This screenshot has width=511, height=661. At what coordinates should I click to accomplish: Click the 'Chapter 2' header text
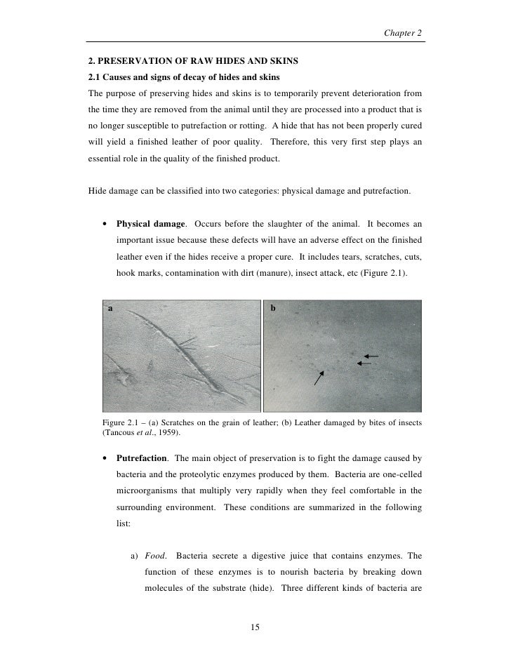click(x=404, y=33)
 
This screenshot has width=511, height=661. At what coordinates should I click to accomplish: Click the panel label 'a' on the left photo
click(x=110, y=308)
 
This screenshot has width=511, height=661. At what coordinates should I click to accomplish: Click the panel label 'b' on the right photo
click(x=274, y=308)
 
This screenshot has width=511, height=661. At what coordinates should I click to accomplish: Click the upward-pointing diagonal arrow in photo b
click(x=319, y=379)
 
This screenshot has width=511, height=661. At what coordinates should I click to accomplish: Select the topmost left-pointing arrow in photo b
click(x=371, y=356)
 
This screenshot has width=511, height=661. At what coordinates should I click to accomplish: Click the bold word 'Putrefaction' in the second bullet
click(x=143, y=459)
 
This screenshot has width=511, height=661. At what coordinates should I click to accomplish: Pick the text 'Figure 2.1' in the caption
click(x=124, y=423)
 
